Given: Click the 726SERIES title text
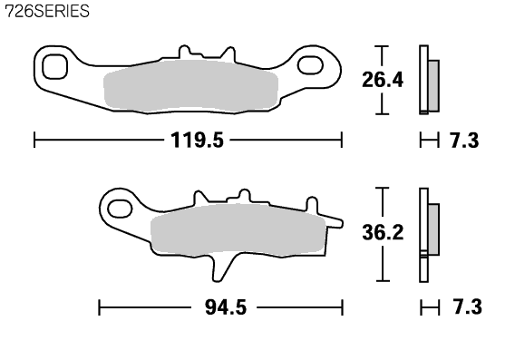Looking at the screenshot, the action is coord(47,11).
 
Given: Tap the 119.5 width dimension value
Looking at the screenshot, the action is coord(197,140).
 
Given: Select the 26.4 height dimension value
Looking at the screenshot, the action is coord(383,80).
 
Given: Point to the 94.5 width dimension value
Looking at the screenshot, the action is coord(226,307).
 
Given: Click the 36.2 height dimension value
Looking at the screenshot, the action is coord(383,232).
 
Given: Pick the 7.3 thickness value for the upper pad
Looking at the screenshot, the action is coord(463,141).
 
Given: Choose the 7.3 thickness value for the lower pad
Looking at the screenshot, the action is coord(467,307).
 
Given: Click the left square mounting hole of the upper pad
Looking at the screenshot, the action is coord(54,67).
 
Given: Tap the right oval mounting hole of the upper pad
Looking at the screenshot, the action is coord(310,64).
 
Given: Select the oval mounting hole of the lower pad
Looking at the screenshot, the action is coord(120,209).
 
